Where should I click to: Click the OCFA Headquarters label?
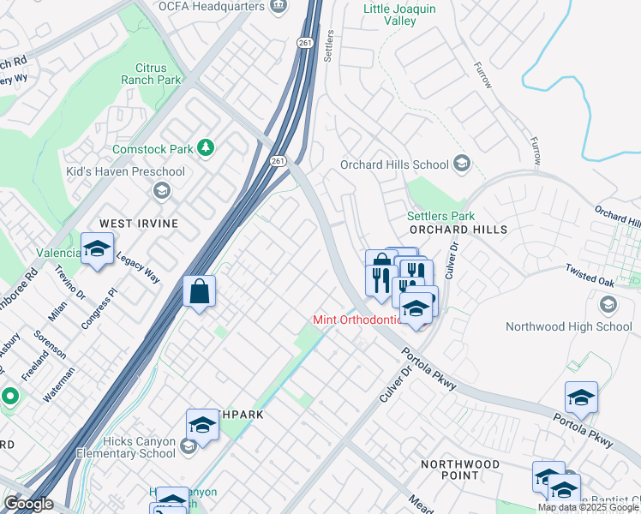(x=210, y=6)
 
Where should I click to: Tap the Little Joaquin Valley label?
(x=399, y=15)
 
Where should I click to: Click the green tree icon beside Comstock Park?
(x=206, y=148)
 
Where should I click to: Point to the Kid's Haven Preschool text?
(x=126, y=171)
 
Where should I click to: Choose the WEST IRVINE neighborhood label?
(x=139, y=223)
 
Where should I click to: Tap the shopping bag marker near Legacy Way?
(x=199, y=291)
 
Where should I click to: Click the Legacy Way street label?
(x=138, y=266)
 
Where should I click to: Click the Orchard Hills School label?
(x=394, y=164)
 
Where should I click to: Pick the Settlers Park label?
(x=440, y=216)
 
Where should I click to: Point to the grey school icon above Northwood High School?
(x=608, y=305)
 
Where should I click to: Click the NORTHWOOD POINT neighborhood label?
(x=460, y=469)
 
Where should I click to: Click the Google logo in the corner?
(x=28, y=504)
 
